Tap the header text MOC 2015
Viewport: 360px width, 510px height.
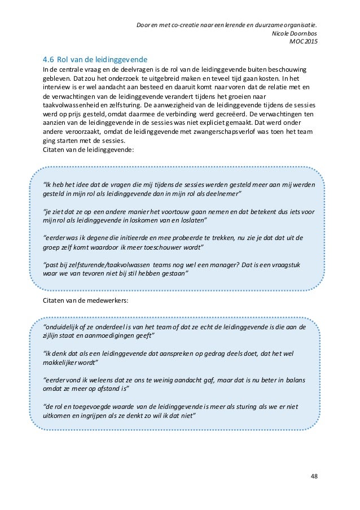tap(303, 42)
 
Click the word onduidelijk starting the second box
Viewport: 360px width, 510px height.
tap(62, 327)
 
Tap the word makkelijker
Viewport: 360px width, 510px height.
tap(63, 363)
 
